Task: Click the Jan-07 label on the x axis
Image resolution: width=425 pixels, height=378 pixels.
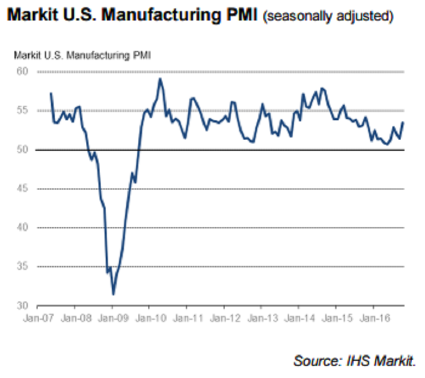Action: [37, 319]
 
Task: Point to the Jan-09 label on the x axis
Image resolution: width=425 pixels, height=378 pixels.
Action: [112, 319]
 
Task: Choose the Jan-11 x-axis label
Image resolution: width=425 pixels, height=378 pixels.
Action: [186, 319]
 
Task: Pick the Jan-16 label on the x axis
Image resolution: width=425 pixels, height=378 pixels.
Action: [372, 319]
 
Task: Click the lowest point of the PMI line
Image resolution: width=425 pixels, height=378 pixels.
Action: [113, 294]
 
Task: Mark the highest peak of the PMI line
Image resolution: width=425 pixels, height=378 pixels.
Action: [160, 79]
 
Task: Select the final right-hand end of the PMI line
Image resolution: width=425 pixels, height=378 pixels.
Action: [403, 122]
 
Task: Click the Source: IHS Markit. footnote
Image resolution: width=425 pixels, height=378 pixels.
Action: [354, 361]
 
